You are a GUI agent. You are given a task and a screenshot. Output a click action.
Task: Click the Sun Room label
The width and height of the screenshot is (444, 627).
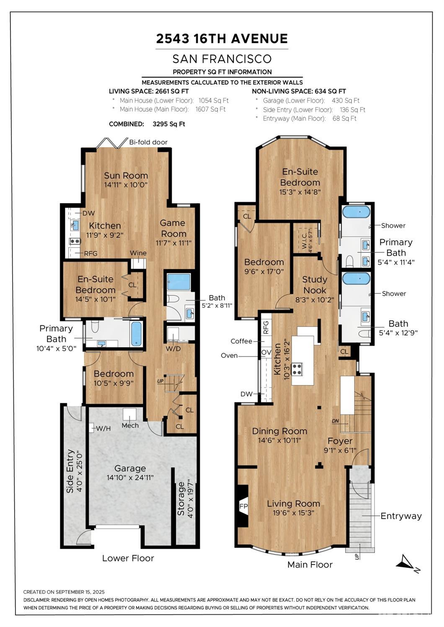pos(126,175)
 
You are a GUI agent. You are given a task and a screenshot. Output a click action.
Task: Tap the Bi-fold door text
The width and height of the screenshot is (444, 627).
pos(148,142)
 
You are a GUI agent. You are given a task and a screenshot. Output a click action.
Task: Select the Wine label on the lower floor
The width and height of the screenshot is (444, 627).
pos(138,253)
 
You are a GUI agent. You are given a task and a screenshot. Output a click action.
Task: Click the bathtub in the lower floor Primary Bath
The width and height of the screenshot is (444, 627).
pos(137,334)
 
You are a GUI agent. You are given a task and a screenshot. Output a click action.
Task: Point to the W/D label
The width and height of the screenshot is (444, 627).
pos(173,349)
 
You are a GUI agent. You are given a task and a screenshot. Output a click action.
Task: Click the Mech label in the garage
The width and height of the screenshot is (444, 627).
pos(130,425)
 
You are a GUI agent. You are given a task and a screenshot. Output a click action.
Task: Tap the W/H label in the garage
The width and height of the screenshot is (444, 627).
pos(103,428)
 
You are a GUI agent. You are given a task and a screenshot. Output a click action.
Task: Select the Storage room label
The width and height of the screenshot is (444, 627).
pos(181,499)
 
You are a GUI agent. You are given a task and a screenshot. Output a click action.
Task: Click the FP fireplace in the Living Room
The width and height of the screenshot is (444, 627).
pos(243,506)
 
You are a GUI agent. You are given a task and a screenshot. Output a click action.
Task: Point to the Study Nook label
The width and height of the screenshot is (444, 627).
pos(315,285)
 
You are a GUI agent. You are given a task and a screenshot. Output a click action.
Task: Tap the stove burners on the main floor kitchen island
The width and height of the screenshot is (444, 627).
pos(297,369)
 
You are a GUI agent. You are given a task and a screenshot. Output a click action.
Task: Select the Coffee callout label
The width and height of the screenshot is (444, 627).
pos(241,341)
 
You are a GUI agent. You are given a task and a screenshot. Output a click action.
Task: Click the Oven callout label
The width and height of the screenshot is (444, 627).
pos(229,355)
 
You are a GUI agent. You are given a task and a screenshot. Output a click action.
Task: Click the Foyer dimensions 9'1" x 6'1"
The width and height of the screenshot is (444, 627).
pos(340,450)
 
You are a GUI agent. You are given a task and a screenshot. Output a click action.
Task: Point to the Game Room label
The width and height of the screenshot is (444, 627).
pos(173,228)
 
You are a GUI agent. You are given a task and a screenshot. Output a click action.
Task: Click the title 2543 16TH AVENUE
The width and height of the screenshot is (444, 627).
pos(222,39)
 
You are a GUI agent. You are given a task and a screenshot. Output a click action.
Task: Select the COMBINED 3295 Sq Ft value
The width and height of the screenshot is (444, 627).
pos(169,124)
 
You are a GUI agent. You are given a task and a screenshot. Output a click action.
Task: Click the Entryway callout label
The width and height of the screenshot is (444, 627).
pos(401,516)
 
